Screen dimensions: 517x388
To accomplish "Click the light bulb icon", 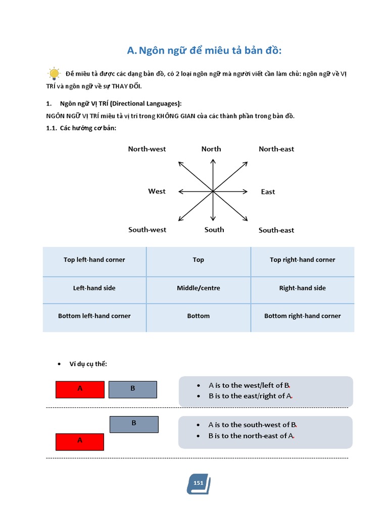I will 54,74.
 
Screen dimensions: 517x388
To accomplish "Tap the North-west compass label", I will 147,149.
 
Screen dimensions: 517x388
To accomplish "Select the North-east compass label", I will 276,149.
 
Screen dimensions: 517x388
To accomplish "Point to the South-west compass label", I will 147,230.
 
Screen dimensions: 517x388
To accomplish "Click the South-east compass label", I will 276,230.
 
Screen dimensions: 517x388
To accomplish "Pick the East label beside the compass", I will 268,192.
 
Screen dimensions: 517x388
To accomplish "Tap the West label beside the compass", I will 157,191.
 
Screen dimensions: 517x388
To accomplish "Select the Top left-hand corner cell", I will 94,260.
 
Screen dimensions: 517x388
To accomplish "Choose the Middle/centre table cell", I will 199,288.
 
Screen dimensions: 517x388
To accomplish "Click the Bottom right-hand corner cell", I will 303,316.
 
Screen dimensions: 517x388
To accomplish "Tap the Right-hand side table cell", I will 303,288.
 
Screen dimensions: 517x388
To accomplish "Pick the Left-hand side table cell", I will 94,288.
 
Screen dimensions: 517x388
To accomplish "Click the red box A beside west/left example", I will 80,389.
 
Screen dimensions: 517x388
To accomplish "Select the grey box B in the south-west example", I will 134,424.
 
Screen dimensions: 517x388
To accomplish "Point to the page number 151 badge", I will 198,484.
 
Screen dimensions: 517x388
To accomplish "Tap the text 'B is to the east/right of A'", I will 251,396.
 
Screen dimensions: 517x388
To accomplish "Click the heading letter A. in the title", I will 132,51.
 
